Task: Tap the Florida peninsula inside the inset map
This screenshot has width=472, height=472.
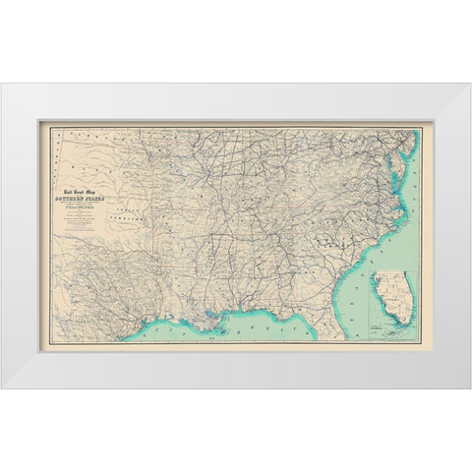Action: click(400, 295)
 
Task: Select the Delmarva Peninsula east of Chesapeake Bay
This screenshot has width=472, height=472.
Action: click(407, 162)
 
